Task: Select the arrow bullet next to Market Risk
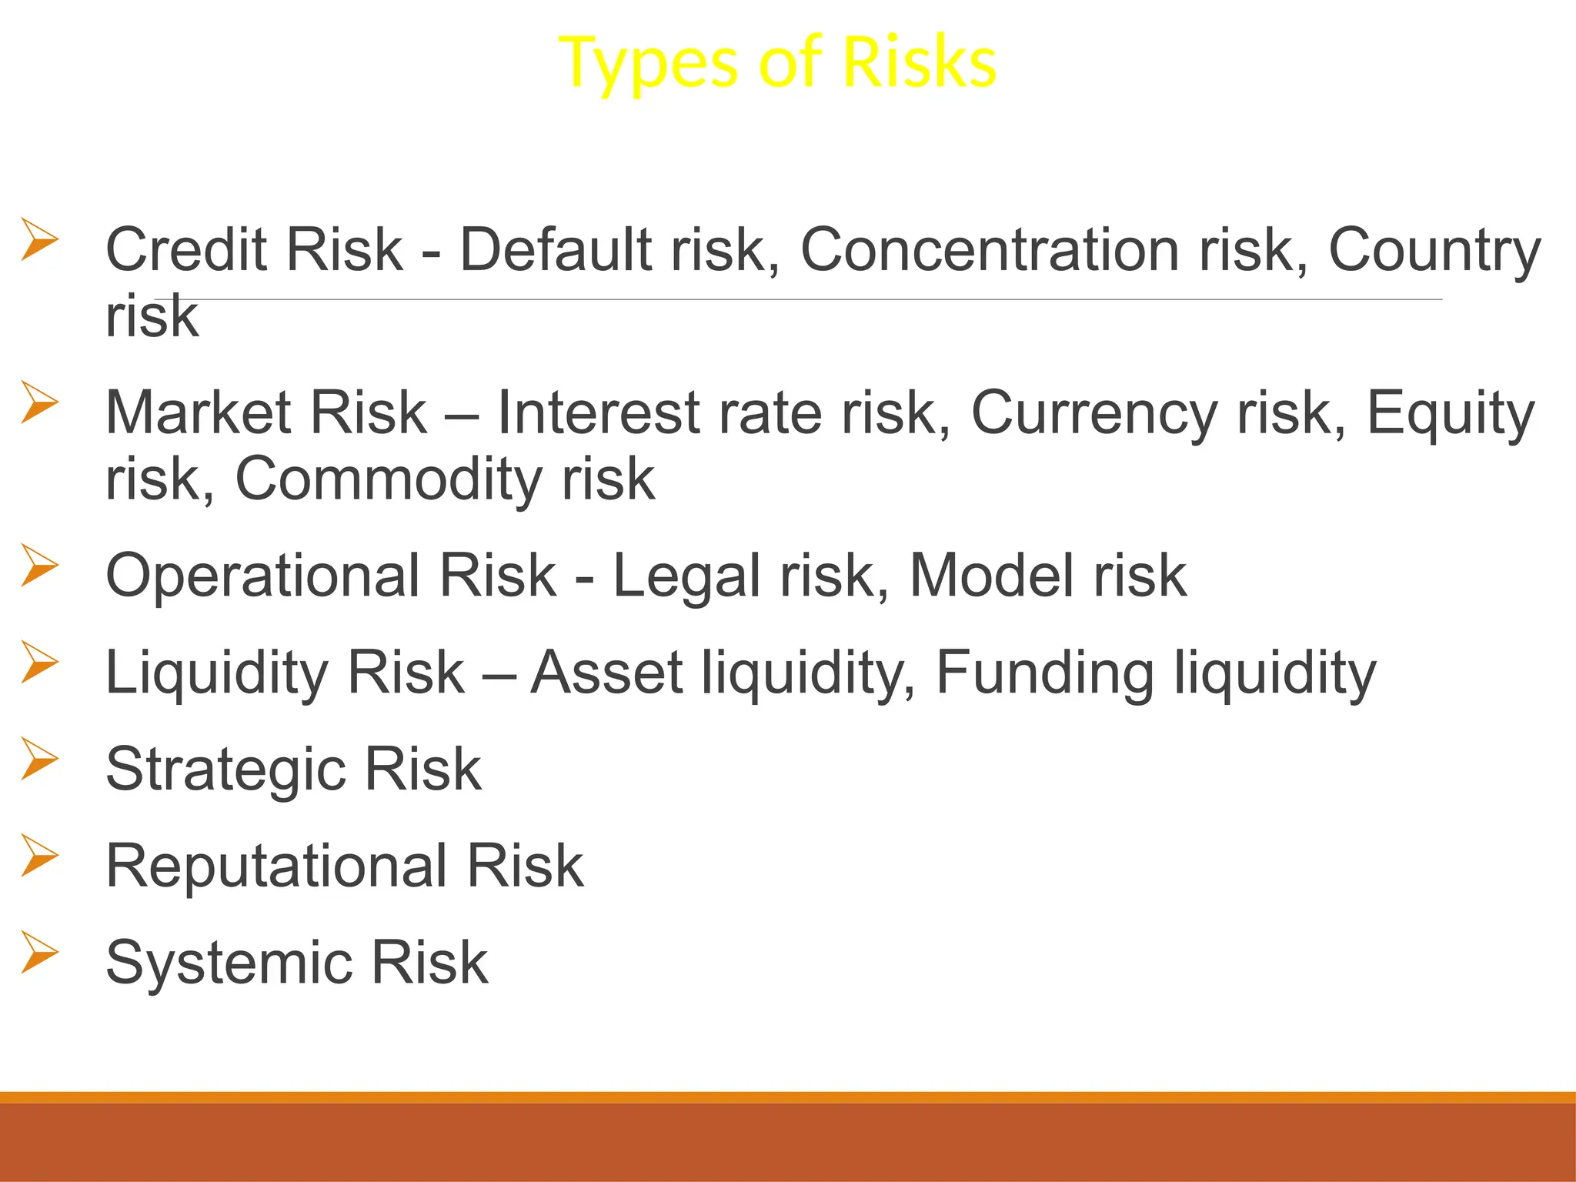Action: coord(39,402)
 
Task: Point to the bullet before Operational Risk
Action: coord(39,565)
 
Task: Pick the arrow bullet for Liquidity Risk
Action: coord(39,662)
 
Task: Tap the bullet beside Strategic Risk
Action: coord(39,758)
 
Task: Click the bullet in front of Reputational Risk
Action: coord(39,855)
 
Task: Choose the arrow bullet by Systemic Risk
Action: coord(39,952)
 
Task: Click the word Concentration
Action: coord(989,250)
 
